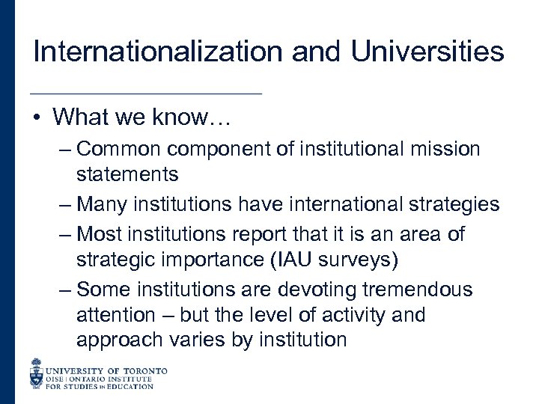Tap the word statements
coord(127,175)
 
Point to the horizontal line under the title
coord(145,93)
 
